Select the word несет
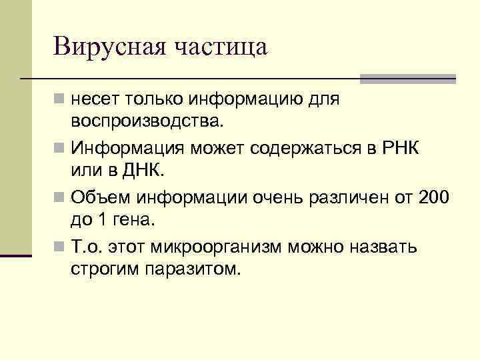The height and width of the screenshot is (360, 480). [93, 99]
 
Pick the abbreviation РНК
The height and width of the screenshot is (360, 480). [398, 147]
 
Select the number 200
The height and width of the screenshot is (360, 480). [435, 197]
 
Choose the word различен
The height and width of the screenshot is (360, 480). [347, 197]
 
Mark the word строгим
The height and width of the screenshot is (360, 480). [103, 269]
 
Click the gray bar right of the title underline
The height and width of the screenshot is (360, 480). [407, 79]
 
